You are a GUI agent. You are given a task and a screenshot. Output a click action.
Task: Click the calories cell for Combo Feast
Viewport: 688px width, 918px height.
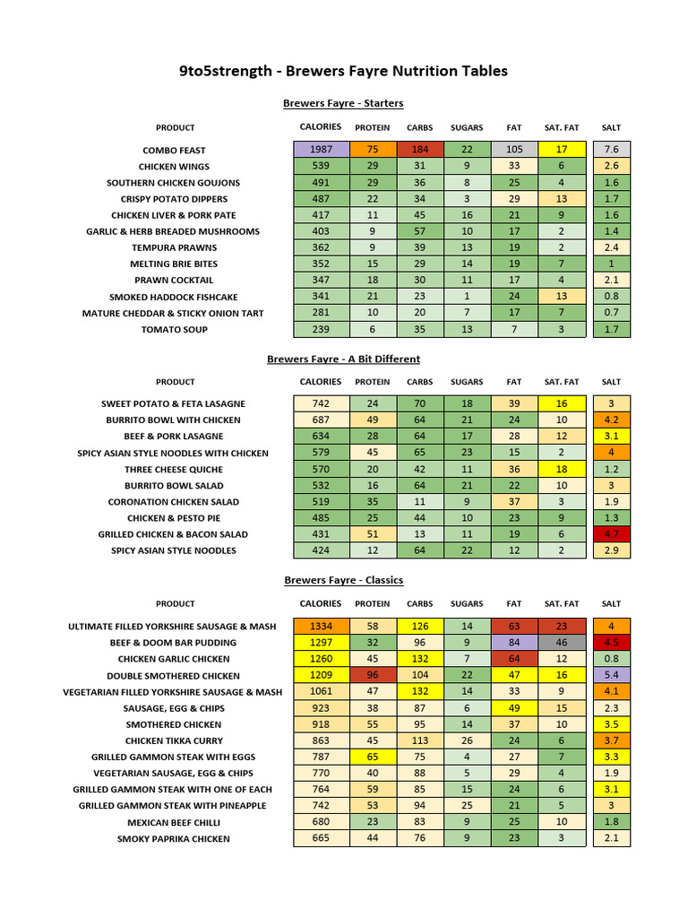click(x=321, y=150)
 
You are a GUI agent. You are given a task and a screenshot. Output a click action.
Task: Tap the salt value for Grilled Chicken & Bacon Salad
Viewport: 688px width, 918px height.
click(x=612, y=534)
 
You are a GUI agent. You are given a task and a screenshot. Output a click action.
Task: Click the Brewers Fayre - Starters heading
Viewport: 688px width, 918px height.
click(x=343, y=103)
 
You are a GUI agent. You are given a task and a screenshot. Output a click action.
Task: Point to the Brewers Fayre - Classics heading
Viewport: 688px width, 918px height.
click(x=343, y=580)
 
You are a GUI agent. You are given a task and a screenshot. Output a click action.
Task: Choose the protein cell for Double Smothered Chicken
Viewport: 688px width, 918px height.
click(x=373, y=675)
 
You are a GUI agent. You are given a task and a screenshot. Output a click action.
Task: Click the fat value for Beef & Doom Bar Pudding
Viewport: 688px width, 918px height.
click(x=514, y=643)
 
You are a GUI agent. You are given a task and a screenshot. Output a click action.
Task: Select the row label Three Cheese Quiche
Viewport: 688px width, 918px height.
click(x=174, y=470)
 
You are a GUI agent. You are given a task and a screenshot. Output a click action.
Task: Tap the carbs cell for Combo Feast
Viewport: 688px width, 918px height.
click(x=420, y=150)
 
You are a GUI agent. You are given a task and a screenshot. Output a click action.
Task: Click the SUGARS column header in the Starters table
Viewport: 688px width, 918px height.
click(x=467, y=127)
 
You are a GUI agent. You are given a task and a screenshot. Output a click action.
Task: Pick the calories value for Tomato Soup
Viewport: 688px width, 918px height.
click(x=321, y=329)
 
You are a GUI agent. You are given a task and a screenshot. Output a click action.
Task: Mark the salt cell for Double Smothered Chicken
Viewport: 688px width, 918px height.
click(x=612, y=675)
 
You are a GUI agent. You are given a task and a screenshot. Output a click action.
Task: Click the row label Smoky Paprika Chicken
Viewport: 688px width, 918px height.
click(x=174, y=839)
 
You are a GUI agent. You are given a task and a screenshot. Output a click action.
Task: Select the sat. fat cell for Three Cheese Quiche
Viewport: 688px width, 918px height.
click(x=562, y=469)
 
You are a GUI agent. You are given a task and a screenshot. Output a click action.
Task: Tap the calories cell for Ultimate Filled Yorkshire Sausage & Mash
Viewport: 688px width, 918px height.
click(x=321, y=627)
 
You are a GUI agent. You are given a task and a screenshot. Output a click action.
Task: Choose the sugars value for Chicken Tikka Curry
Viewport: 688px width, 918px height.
click(x=467, y=740)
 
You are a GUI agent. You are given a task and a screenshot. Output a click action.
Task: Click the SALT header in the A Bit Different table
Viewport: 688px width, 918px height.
click(x=611, y=382)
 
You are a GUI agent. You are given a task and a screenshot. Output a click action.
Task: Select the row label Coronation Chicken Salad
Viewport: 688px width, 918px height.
click(x=174, y=502)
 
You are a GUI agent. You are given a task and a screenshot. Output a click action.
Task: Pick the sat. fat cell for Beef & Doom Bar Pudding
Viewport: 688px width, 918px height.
click(x=562, y=643)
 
